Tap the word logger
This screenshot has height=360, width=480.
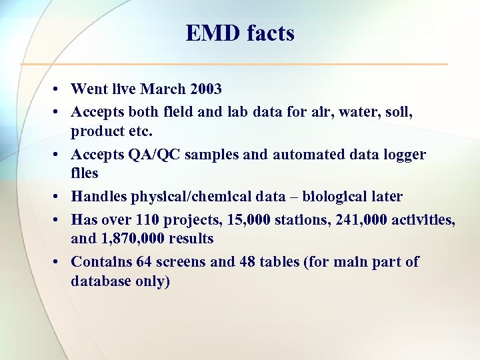pos(403,154)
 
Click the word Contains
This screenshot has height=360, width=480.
pos(101,261)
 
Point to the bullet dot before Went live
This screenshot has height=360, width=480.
pos(59,89)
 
